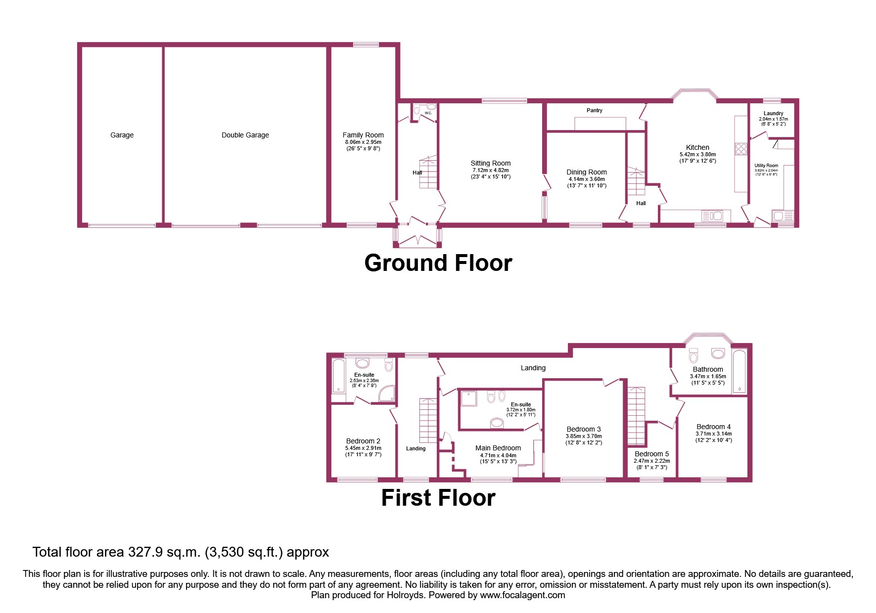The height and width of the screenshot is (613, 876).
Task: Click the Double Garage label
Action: (245, 135)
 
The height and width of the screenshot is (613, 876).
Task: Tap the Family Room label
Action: (363, 135)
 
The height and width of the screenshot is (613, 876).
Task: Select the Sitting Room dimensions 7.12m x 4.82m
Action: (490, 170)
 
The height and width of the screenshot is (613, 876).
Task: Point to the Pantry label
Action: (594, 110)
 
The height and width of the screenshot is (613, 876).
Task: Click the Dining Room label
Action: (586, 172)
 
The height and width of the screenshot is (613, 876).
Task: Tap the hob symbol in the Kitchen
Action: (740, 149)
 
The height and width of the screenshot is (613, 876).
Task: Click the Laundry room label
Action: (773, 113)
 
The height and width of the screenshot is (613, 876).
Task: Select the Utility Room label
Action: (766, 166)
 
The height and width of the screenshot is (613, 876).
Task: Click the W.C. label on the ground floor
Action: (428, 113)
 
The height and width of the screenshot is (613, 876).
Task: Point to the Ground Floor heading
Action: (438, 263)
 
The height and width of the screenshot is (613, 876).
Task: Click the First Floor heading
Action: (438, 498)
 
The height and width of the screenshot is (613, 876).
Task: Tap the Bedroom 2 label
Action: (363, 441)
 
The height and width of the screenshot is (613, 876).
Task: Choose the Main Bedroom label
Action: (498, 448)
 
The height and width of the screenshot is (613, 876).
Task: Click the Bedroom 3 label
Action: (583, 429)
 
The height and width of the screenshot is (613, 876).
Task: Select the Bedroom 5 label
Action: (651, 454)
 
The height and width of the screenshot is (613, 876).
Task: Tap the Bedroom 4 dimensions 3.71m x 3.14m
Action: (713, 434)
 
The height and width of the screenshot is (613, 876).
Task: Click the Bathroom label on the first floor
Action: (707, 369)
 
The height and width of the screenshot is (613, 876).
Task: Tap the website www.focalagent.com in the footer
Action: (522, 595)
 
